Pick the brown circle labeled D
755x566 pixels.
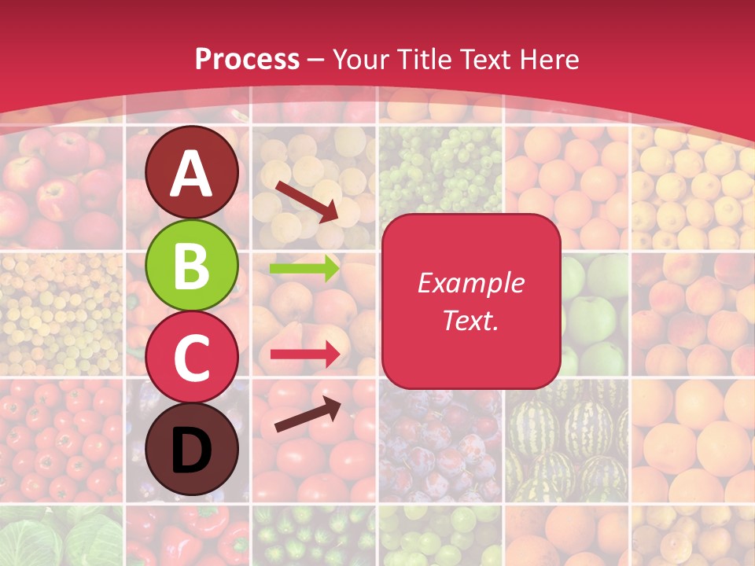coord(192,449)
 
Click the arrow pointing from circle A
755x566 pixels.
coord(307,201)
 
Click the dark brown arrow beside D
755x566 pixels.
coord(308,414)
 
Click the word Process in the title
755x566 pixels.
coord(247,59)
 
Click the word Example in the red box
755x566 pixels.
coord(471,283)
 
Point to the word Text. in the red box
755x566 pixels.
coord(471,320)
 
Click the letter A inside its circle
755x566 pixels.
coord(192,174)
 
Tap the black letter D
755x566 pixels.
coord(192,450)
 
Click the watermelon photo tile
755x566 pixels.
coord(566,440)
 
